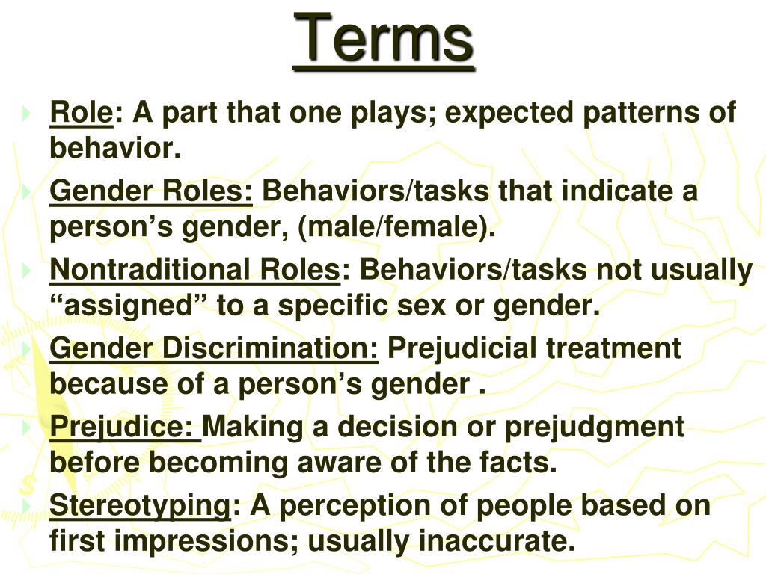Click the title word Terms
tap(384, 37)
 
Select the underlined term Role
tap(81, 114)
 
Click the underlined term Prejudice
tap(123, 427)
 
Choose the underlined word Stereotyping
tap(141, 505)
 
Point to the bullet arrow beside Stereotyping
tap(28, 506)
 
